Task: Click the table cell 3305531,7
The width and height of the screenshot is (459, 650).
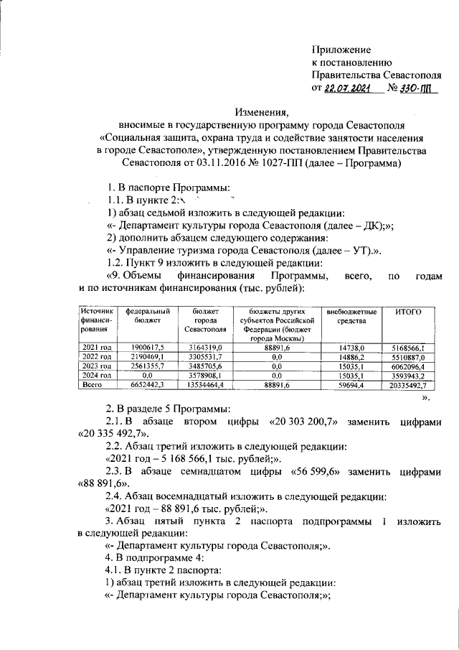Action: click(205, 356)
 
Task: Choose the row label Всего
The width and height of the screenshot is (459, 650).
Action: click(92, 385)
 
